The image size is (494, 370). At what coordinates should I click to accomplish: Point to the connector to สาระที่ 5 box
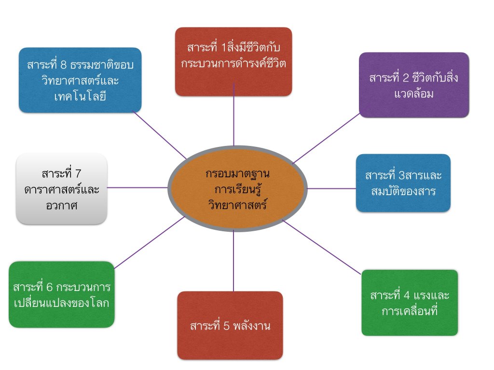click(x=233, y=260)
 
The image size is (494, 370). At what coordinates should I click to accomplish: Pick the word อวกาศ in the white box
click(x=61, y=205)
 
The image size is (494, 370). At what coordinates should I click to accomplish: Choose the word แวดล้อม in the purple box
click(x=414, y=93)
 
